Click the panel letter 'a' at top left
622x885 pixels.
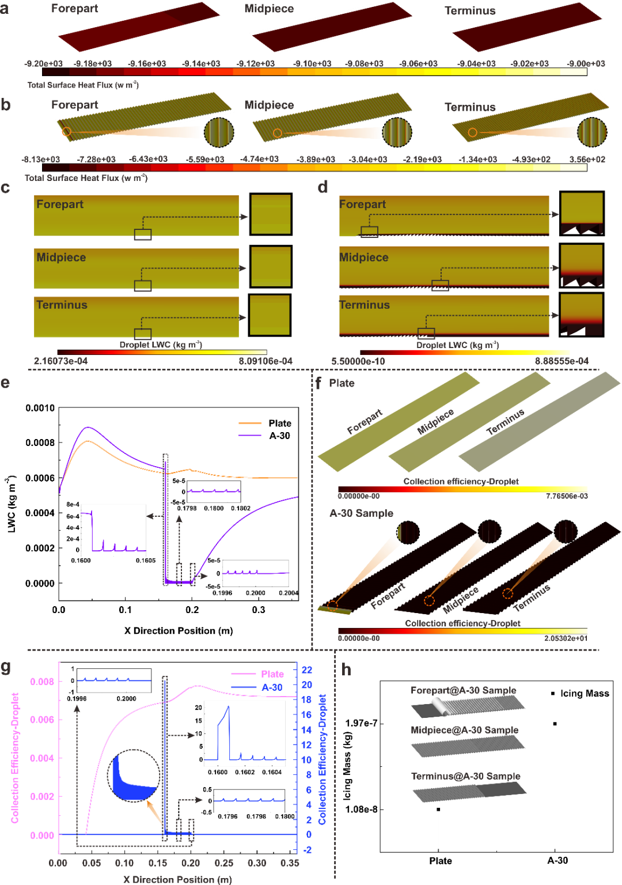point(5,8)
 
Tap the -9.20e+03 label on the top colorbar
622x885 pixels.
point(43,63)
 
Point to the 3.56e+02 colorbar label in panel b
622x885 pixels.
point(587,159)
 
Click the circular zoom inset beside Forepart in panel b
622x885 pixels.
point(219,133)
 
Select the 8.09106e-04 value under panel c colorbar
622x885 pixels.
point(266,361)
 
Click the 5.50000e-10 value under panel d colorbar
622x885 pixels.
point(358,361)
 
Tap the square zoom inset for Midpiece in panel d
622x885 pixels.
point(582,266)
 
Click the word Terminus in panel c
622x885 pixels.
point(62,305)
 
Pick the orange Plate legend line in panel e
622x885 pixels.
point(250,423)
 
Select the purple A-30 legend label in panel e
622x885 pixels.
point(279,436)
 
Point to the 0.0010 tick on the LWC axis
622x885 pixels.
point(40,408)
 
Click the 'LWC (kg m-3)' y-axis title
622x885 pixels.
point(12,504)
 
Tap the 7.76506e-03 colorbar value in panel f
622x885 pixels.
point(567,496)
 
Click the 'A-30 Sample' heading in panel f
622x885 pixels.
point(361,513)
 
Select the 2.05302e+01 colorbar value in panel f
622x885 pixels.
point(566,638)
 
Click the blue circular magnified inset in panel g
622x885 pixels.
point(134,776)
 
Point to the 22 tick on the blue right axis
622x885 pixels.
point(307,670)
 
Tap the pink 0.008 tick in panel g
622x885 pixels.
point(42,682)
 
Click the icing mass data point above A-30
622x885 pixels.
point(555,724)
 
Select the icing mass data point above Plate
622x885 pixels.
point(438,810)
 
